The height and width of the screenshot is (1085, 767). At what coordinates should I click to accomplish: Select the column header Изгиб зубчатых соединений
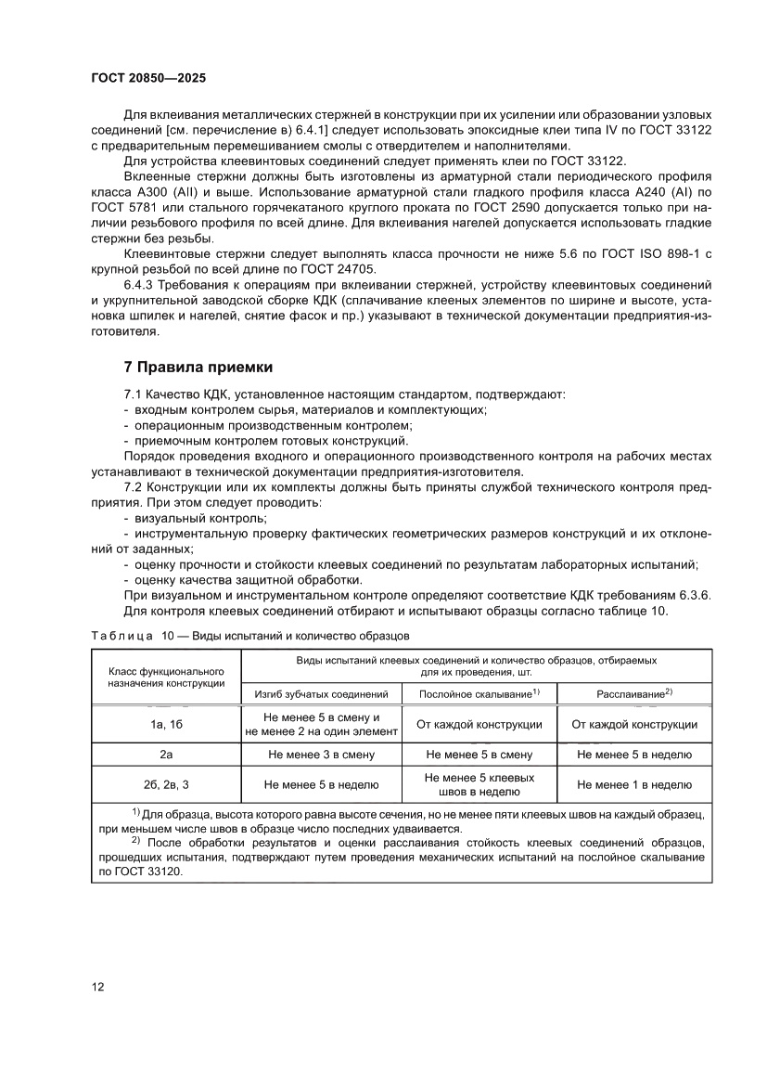point(321,693)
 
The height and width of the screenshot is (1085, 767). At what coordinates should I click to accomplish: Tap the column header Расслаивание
point(634,693)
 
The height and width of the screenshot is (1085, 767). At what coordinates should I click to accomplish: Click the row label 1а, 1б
point(166,724)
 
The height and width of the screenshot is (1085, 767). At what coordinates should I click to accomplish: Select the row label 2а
point(166,756)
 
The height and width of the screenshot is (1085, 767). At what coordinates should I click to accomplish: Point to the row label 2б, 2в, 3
point(166,784)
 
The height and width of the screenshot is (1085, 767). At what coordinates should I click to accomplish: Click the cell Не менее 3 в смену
point(321,756)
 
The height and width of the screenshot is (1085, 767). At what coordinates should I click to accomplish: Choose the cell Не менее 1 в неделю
point(634,784)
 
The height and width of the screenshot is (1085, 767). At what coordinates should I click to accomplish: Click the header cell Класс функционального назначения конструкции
point(166,676)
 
